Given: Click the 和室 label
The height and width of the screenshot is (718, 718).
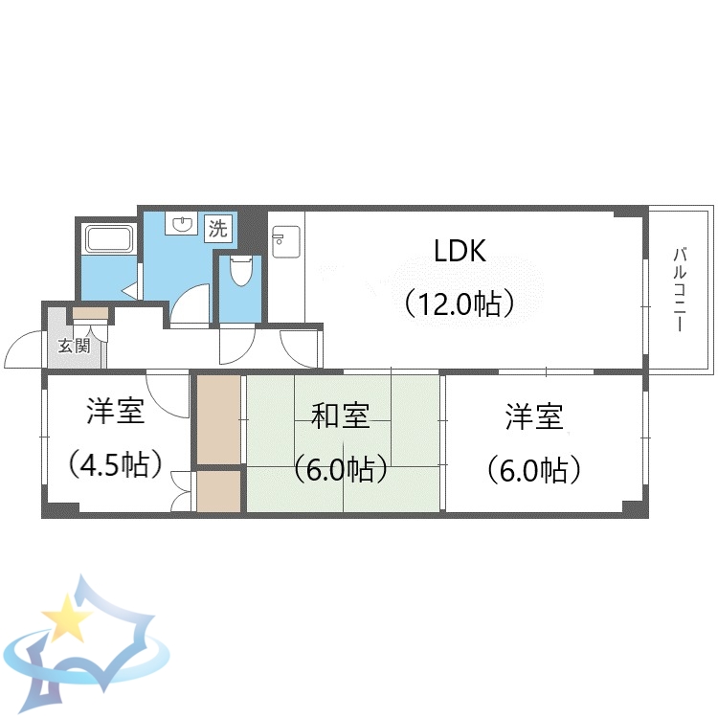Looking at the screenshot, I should tap(341, 416).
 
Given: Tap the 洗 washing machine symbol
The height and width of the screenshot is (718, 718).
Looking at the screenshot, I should tap(218, 228).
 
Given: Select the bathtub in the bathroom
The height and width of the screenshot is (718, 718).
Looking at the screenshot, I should tap(107, 238).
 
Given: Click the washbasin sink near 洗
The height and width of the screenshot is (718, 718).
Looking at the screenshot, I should tap(180, 224).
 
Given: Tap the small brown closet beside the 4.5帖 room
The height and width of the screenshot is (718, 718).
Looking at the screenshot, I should tap(218, 491).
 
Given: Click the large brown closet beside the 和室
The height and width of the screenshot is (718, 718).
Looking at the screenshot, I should tap(218, 419).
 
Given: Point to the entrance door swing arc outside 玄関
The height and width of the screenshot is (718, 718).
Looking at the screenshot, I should tap(21, 350).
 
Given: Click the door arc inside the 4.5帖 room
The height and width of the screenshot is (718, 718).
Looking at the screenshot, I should tap(172, 394).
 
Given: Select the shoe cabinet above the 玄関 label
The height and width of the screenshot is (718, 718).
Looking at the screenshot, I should tap(91, 313).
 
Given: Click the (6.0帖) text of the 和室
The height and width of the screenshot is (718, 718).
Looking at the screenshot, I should tap(341, 469).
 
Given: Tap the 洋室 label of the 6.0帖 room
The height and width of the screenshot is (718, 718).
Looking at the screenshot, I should tap(534, 416).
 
